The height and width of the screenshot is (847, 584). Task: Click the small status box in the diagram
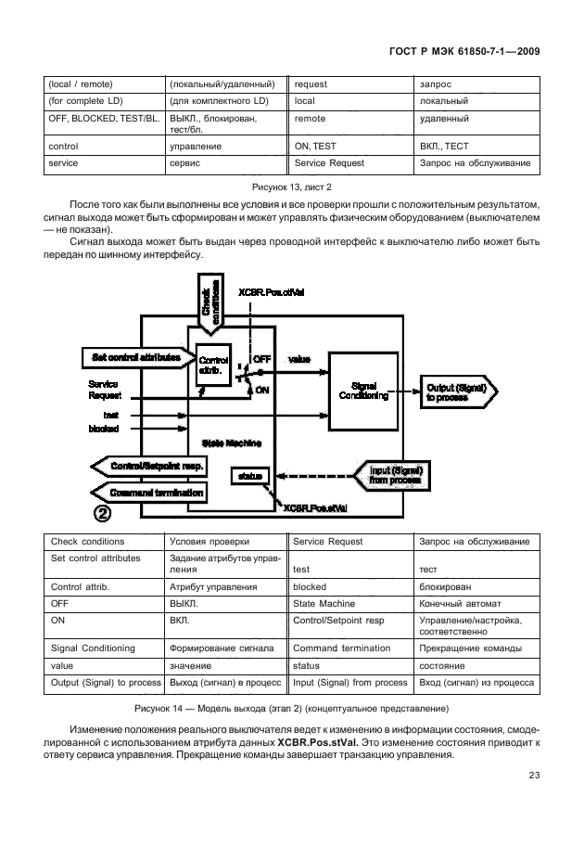click(x=250, y=475)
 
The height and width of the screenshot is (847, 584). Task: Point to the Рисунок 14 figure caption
click(x=292, y=709)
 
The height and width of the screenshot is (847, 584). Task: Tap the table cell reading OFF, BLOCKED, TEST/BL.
click(x=102, y=120)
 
